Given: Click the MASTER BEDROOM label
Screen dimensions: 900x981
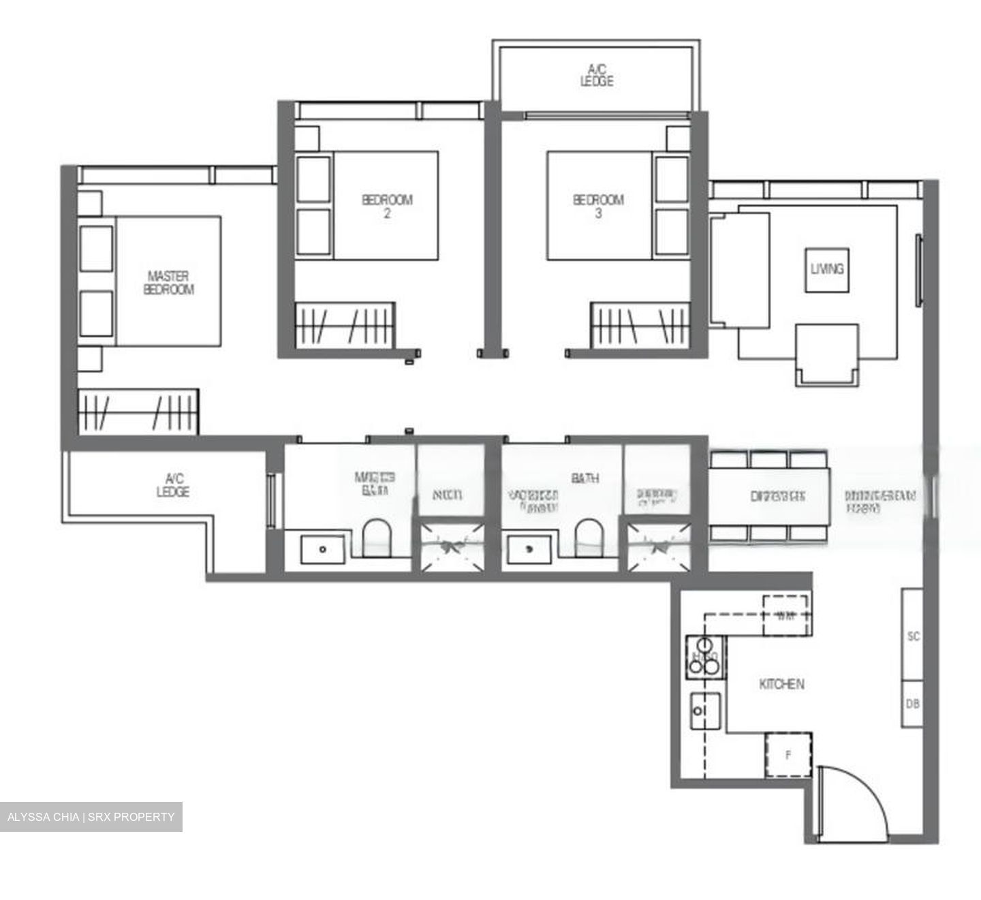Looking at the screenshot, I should coord(168,283).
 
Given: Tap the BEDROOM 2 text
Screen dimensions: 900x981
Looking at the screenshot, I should coord(386,206).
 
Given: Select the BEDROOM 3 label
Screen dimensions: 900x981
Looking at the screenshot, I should coord(598,206).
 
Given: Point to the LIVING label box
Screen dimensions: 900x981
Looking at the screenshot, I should coord(827,270).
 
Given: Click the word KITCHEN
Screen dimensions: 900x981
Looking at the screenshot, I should coord(781,684).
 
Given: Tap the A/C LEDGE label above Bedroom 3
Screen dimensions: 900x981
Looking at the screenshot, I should coord(597,75).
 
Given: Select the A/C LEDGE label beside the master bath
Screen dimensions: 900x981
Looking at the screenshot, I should coord(172,485).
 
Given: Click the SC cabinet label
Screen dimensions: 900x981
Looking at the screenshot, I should coord(914,636).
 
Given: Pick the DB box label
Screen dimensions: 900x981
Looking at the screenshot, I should coord(913,704).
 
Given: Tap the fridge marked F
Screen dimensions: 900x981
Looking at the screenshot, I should coord(788,755).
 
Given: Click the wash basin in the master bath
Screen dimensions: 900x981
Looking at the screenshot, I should coord(323,548).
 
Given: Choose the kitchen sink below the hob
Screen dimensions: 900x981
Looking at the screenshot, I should coord(705,711).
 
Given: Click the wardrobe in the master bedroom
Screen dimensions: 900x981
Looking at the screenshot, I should coord(138,412).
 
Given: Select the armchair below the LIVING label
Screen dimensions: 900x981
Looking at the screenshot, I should coord(827,355).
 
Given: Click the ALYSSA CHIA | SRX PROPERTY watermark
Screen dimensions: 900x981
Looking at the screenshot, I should coord(91,817).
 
